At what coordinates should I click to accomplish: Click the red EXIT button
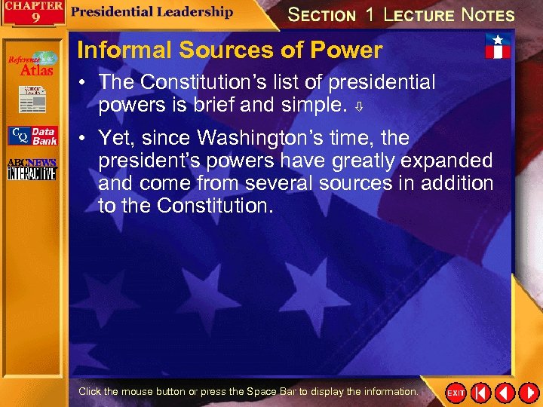(456, 393)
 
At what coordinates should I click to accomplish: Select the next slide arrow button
(528, 393)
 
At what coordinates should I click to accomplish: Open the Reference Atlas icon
(32, 63)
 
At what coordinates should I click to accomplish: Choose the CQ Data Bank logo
(32, 136)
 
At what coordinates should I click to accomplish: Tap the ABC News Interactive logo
(32, 170)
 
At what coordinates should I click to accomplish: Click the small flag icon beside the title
(497, 47)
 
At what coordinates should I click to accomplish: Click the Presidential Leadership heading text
(153, 12)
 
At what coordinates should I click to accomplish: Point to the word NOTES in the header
(488, 15)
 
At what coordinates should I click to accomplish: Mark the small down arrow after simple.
(361, 106)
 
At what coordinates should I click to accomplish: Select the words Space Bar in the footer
(269, 392)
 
